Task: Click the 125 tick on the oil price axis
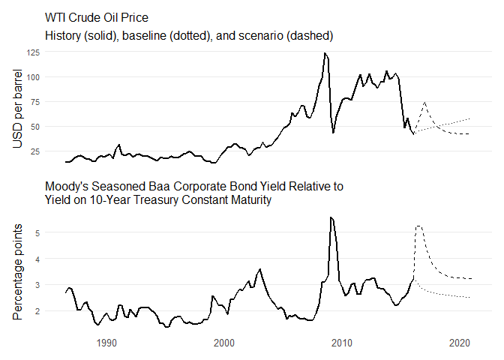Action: coord(54,52)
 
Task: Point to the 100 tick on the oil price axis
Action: coord(54,77)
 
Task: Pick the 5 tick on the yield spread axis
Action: coord(58,233)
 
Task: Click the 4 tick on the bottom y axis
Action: coord(58,259)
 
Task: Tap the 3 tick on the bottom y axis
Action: coord(58,285)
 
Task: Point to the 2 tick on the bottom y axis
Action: coord(58,310)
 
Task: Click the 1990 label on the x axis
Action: coord(106,343)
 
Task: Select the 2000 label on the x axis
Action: coord(224,343)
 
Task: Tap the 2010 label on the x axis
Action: coord(342,343)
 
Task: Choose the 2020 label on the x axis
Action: coord(460,343)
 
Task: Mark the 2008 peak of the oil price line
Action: coord(324,53)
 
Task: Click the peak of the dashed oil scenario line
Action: coord(424,103)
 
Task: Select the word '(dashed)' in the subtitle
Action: coord(310,35)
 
